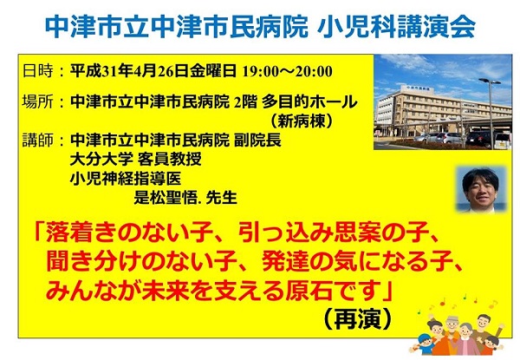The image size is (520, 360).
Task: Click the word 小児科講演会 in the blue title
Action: click(x=396, y=27)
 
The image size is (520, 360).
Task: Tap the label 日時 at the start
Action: click(x=38, y=70)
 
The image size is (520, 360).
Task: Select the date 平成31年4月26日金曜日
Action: click(x=153, y=70)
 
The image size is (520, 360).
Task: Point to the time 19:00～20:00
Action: click(x=287, y=71)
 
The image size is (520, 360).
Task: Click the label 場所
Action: click(x=38, y=101)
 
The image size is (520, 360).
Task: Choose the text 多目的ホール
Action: click(x=309, y=101)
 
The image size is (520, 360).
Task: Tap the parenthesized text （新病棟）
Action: click(x=301, y=121)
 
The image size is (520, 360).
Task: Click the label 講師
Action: click(x=38, y=140)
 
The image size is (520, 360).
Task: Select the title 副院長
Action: click(x=257, y=140)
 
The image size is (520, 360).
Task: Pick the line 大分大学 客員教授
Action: click(x=136, y=160)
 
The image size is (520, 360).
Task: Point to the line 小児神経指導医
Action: click(x=126, y=179)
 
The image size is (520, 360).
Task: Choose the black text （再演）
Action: click(x=357, y=318)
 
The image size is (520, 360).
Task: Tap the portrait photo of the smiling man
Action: click(x=482, y=189)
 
